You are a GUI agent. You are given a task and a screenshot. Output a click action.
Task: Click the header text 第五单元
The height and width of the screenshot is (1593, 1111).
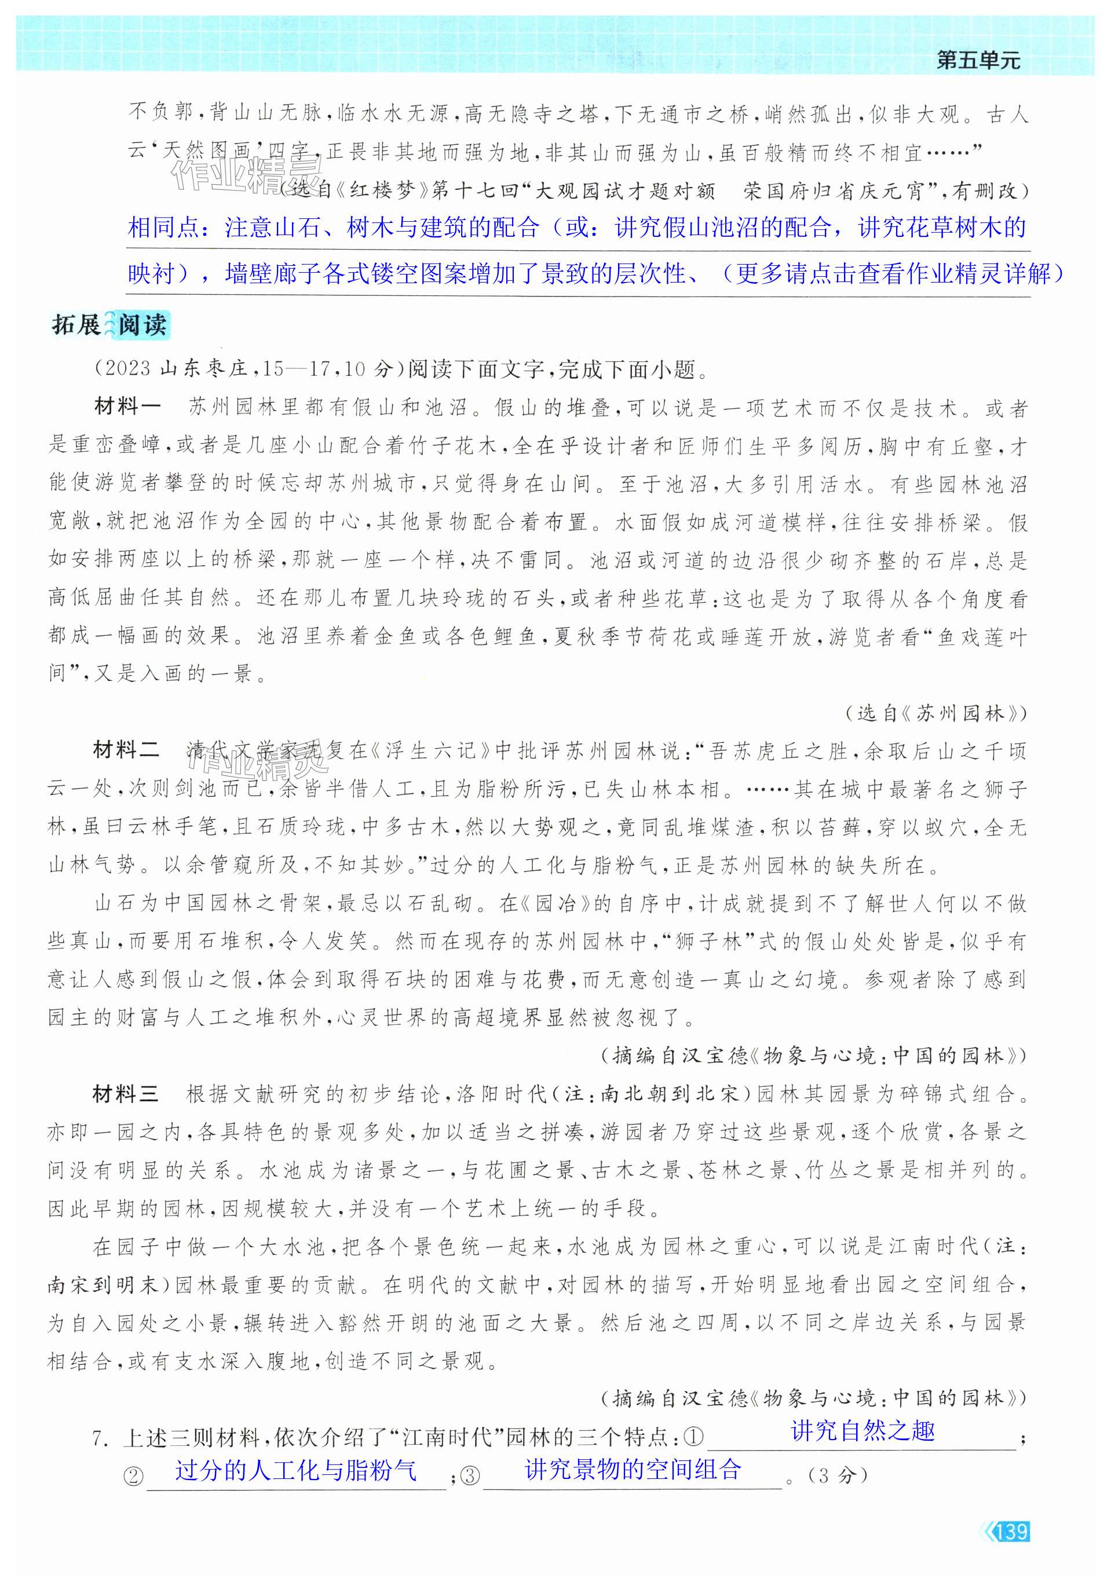978,60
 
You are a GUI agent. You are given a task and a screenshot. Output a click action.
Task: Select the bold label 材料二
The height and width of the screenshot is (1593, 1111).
126,750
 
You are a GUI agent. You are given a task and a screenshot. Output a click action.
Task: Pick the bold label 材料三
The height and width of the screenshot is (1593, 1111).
126,1094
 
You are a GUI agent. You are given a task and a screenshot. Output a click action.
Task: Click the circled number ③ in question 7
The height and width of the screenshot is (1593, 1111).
470,1475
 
